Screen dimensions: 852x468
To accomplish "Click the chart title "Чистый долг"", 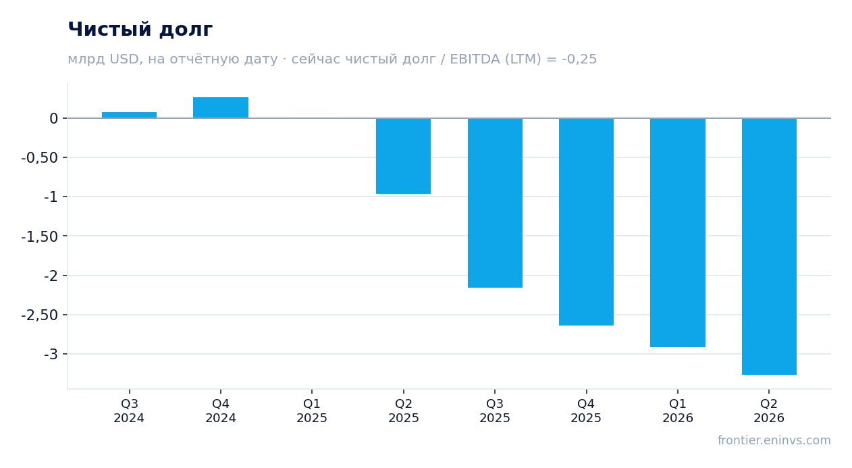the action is [x=140, y=30].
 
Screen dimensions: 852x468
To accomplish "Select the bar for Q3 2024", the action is [x=130, y=115].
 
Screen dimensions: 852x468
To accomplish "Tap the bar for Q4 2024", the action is [x=221, y=107].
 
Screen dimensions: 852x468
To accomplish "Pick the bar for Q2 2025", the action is [x=403, y=156].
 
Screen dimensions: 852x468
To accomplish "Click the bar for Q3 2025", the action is [x=495, y=203].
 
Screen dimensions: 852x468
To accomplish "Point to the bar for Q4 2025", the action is [x=586, y=222].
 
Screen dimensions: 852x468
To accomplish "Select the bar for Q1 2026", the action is [x=678, y=232].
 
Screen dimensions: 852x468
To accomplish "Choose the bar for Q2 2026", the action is [x=769, y=246].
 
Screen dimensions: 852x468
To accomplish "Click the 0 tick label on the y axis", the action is [x=53, y=118].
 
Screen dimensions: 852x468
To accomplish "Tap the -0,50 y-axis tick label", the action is [x=40, y=157].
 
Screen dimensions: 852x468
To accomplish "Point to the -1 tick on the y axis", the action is [x=51, y=197].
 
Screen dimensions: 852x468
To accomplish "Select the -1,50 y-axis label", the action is [x=40, y=236].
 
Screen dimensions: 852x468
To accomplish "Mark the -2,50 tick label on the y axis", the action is [x=40, y=315].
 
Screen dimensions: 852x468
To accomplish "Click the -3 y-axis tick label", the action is [x=51, y=355].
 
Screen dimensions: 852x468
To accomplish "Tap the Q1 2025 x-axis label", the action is [x=312, y=411].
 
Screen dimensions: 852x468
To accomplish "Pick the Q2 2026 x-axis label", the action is [x=769, y=411].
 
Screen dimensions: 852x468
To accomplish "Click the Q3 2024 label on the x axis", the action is [x=130, y=411].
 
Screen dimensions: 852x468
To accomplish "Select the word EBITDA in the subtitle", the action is [x=475, y=59].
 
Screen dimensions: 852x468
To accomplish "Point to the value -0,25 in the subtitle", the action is [x=579, y=59].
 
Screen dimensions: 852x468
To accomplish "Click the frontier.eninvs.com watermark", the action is [x=774, y=440].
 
